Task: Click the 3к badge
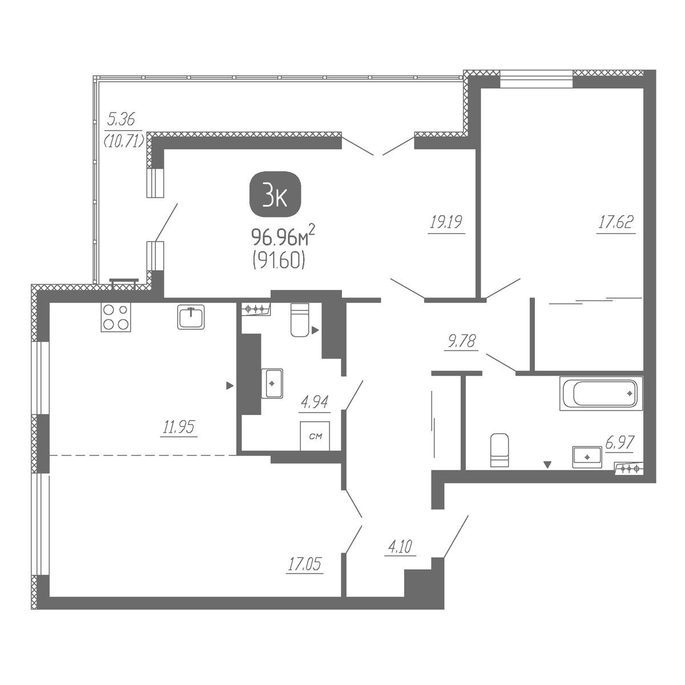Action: point(275,194)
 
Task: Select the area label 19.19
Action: point(446,222)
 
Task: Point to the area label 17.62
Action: point(616,222)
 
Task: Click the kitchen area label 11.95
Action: point(179,426)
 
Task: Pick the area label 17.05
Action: point(305,564)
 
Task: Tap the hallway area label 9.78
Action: point(462,341)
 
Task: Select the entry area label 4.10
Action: point(400,547)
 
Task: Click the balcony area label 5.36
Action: point(121,119)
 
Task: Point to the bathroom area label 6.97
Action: point(619,442)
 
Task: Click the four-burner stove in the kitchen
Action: point(116,317)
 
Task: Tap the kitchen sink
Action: point(191,317)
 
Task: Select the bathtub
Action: point(601,393)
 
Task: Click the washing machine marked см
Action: point(315,436)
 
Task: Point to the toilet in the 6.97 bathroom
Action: point(499,450)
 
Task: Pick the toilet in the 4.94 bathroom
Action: point(300,320)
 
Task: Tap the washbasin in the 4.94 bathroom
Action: point(272,383)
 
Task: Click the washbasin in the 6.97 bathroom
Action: point(587,457)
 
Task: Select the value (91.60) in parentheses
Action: point(279,262)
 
